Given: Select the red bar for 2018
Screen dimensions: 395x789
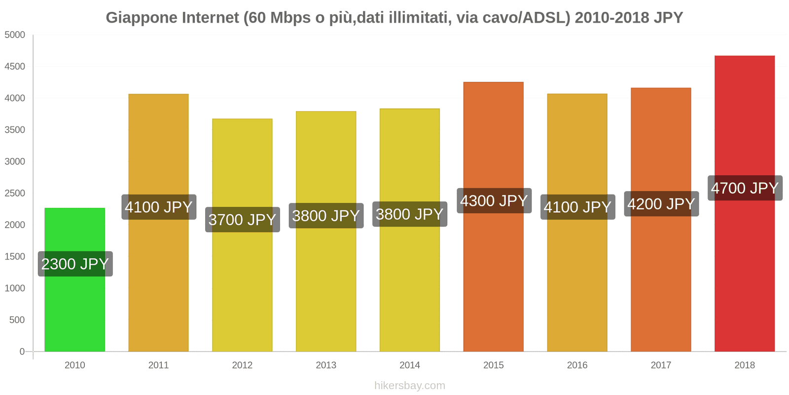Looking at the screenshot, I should (744, 272).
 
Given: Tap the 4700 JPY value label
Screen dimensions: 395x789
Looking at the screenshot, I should (745, 188).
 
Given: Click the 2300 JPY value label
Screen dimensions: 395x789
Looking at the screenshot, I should (75, 264).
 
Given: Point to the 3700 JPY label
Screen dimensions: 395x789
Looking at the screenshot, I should (242, 220).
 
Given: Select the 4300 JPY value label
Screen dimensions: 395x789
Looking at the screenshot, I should (494, 201).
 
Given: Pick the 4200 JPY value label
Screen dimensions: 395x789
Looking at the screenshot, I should (661, 204).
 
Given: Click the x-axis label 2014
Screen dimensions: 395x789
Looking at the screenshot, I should (409, 365).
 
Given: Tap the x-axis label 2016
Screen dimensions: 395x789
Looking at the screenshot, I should (577, 365).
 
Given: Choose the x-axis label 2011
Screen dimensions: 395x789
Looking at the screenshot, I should (158, 365).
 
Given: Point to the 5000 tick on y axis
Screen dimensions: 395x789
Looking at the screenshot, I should (15, 35).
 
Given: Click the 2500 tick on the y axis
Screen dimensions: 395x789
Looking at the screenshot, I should (15, 194).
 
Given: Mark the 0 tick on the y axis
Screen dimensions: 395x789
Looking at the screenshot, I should (22, 352).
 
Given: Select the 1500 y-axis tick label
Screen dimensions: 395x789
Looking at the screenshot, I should (15, 257).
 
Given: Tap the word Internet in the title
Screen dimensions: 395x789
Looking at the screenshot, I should (211, 18).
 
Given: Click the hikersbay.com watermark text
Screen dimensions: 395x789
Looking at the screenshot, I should (409, 386).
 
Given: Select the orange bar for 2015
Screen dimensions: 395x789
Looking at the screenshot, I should (493, 276).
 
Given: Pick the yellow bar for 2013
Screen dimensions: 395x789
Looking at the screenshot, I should (326, 286).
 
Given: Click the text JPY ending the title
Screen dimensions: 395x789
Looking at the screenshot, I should (668, 18).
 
